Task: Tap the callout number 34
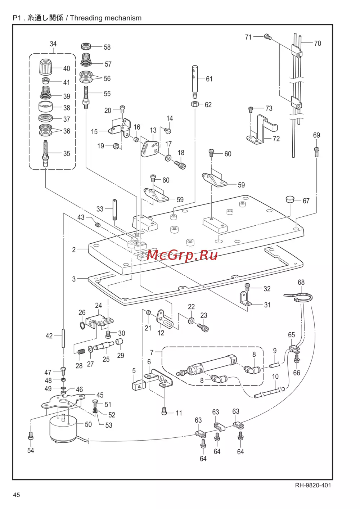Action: point(53,44)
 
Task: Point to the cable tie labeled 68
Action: point(299,297)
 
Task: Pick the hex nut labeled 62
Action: point(195,104)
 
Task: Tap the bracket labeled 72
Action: point(261,130)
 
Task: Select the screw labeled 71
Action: point(267,36)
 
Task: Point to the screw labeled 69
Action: point(316,152)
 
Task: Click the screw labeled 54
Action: point(31,436)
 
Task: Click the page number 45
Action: point(17,495)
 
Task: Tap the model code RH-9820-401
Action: point(313,485)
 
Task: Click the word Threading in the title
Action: point(86,18)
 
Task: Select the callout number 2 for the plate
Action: point(74,249)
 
